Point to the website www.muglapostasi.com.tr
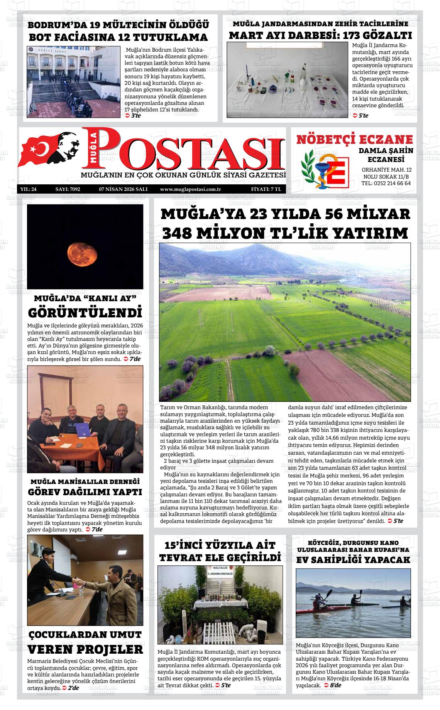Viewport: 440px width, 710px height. point(190,189)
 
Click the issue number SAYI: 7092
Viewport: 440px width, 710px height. point(68,189)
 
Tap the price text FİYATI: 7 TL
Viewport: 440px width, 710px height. point(266,189)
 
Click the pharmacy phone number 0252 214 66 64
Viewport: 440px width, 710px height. point(386,183)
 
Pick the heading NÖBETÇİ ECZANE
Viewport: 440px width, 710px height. point(354,139)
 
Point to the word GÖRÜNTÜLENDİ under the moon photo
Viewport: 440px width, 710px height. point(85,312)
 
